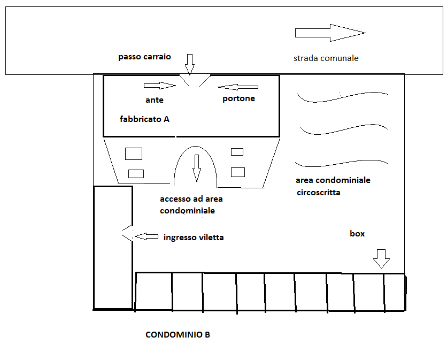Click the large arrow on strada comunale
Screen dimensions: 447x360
(x=330, y=33)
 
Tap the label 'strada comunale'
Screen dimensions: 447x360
(x=326, y=58)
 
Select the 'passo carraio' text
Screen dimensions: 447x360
(x=144, y=57)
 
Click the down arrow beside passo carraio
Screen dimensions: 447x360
(x=190, y=65)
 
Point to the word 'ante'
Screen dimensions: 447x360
(x=154, y=100)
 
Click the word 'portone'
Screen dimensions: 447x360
(x=238, y=99)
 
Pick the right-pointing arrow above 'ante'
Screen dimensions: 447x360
(x=160, y=85)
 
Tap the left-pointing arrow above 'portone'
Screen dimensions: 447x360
(x=238, y=87)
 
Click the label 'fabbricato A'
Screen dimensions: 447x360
(x=144, y=119)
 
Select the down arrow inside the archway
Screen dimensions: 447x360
(x=196, y=168)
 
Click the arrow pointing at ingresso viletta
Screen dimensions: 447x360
(x=147, y=236)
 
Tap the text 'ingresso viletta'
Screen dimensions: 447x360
(x=194, y=238)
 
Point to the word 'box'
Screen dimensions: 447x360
(x=357, y=234)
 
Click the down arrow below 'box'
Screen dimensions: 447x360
(x=381, y=259)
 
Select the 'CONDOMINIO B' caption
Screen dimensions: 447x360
(x=178, y=335)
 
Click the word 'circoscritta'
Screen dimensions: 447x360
(x=319, y=193)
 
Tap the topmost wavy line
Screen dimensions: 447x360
(x=342, y=97)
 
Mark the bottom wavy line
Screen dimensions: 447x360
(x=341, y=164)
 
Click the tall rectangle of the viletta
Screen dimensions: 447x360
(x=113, y=248)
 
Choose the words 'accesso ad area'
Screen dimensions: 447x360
(x=191, y=199)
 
